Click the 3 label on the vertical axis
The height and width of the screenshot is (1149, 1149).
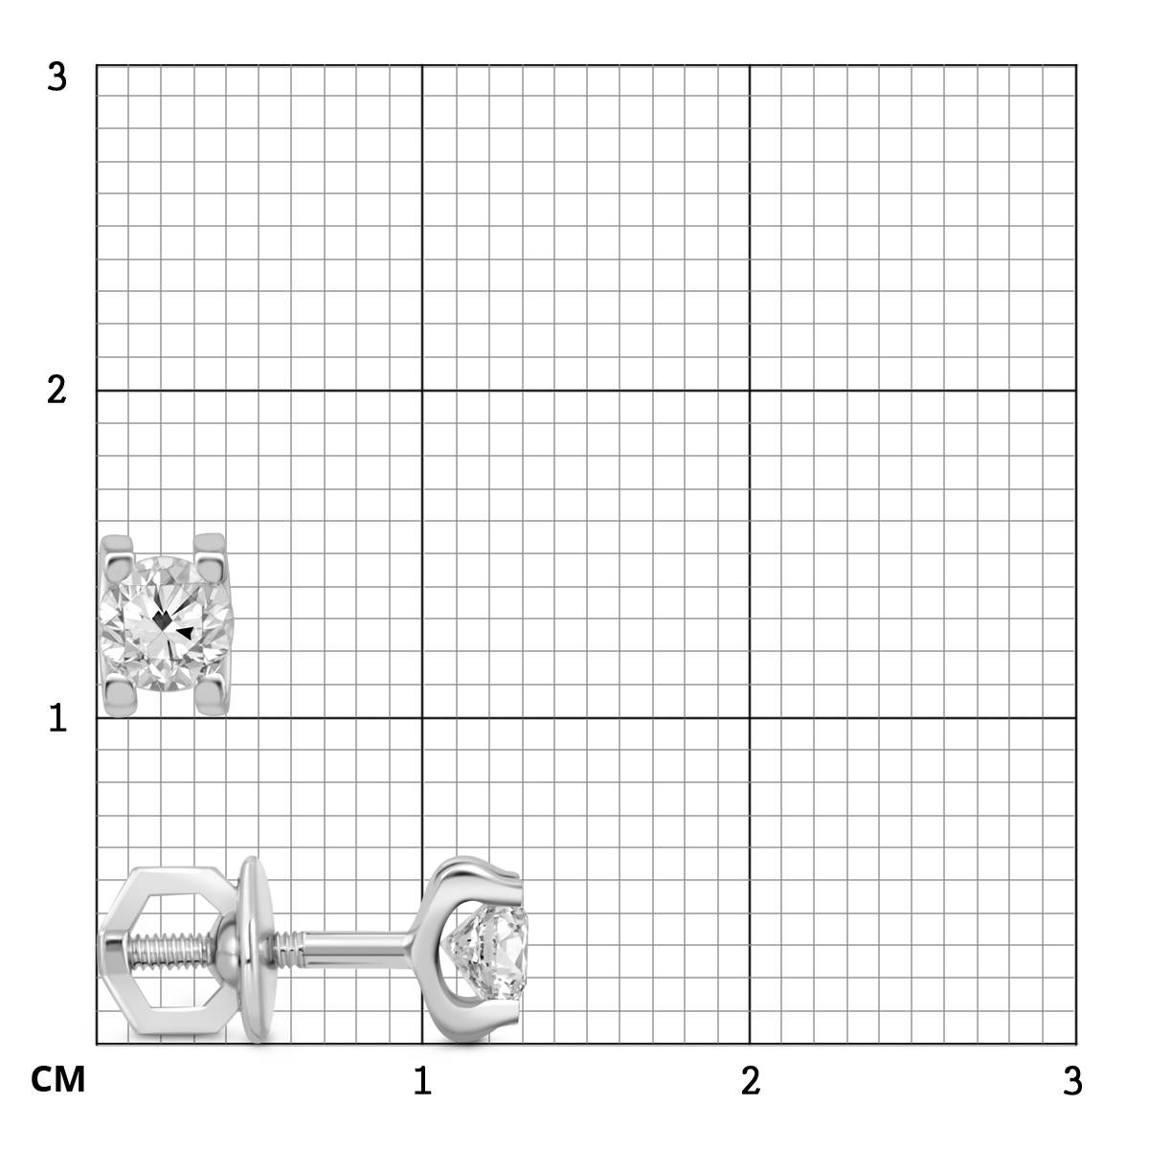[x=56, y=78]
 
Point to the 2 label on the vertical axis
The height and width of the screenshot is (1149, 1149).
[x=56, y=391]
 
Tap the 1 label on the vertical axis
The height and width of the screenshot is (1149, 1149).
[x=57, y=718]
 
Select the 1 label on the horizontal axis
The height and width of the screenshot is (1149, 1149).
[x=422, y=1080]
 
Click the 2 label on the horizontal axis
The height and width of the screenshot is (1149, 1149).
[x=750, y=1080]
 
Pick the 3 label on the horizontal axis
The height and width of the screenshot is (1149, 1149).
[x=1071, y=1080]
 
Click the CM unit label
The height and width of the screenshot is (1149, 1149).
[x=57, y=1079]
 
